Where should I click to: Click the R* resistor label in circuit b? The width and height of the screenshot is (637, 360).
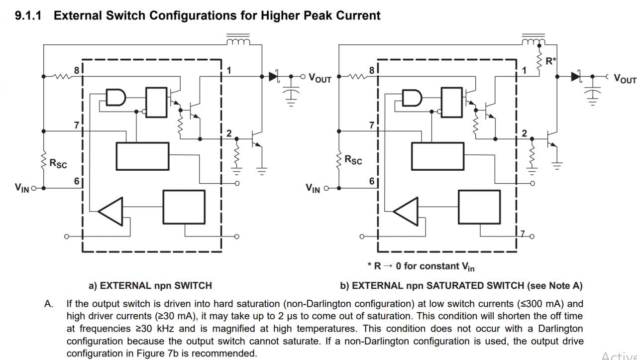click(551, 61)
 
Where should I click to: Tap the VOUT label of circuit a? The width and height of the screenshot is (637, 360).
click(320, 78)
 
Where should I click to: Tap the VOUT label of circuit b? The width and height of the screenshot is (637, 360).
click(625, 79)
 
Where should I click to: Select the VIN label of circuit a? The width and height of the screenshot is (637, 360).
click(22, 188)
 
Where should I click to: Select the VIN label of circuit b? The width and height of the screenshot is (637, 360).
click(313, 188)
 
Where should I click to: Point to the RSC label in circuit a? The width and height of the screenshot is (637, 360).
click(58, 163)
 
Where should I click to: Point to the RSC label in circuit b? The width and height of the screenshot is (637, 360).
click(353, 160)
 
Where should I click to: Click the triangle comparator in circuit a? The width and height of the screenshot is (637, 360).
click(111, 211)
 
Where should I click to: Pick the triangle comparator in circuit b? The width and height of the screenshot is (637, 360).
click(406, 211)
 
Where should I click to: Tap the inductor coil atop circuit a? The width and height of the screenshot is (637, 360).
click(238, 40)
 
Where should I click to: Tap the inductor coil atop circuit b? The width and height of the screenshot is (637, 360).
click(533, 40)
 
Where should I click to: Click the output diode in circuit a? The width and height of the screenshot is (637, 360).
click(274, 77)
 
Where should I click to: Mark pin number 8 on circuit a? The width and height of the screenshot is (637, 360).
click(77, 70)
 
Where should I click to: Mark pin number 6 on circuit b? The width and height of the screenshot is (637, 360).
click(371, 181)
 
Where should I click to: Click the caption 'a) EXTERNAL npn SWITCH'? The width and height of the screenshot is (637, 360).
click(150, 286)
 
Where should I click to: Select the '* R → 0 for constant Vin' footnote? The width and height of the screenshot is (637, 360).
click(421, 266)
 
